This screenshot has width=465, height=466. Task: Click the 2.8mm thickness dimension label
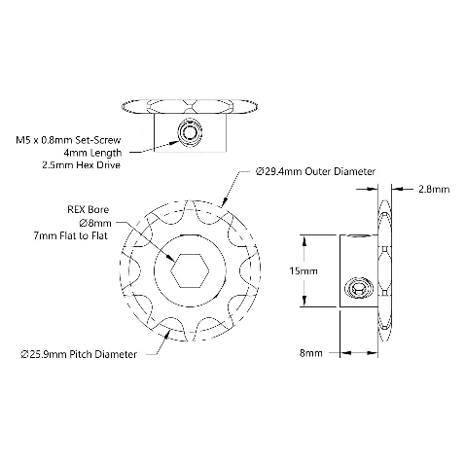pyautogui.click(x=434, y=189)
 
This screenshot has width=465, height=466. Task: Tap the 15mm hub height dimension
pyautogui.click(x=304, y=270)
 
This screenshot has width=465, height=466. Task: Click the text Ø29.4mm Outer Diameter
pyautogui.click(x=315, y=171)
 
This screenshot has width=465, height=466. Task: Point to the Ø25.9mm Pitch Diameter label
pyautogui.click(x=79, y=354)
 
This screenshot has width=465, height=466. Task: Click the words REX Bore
pyautogui.click(x=88, y=210)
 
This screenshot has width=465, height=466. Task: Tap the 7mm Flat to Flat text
pyautogui.click(x=70, y=235)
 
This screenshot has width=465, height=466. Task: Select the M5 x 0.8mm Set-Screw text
pyautogui.click(x=68, y=140)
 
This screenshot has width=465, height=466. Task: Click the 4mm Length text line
pyautogui.click(x=92, y=153)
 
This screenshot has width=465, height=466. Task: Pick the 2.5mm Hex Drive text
pyautogui.click(x=81, y=165)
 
